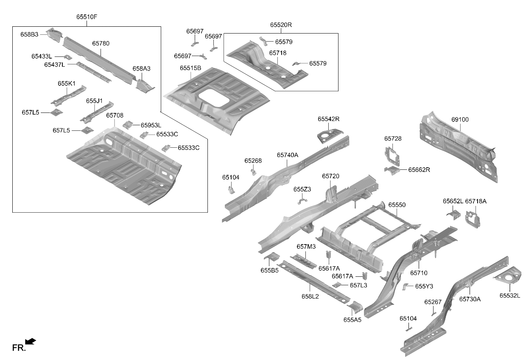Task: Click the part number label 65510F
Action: [x=87, y=17]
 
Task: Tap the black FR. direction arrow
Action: [x=31, y=341]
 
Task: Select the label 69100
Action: [x=460, y=120]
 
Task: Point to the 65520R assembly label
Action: [x=281, y=25]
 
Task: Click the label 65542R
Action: [x=328, y=119]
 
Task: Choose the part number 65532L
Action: [x=510, y=295]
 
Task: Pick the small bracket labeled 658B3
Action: [x=54, y=35]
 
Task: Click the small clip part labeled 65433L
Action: [x=68, y=57]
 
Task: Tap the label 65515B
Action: [x=190, y=68]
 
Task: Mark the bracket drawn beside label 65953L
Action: [x=128, y=125]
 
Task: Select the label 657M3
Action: [x=306, y=247]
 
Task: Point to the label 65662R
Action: [x=419, y=170]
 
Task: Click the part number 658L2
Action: [x=310, y=297]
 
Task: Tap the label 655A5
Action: [x=352, y=320]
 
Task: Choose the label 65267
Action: [x=433, y=302]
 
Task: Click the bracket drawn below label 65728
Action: [x=392, y=156]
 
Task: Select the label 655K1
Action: [x=67, y=84]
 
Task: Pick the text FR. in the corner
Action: [x=19, y=348]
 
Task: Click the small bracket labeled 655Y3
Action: [x=405, y=287]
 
